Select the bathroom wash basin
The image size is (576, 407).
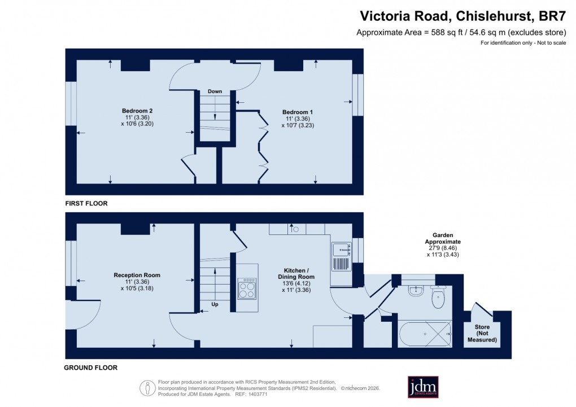416,290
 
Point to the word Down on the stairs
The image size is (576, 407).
215,91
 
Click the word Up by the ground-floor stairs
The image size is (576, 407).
215,304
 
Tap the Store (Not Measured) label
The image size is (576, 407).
482,334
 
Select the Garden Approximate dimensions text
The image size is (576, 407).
443,244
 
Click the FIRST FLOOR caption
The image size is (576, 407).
86,203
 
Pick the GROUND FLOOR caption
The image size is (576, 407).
91,368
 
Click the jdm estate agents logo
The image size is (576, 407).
423,387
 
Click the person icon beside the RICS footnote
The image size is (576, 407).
148,387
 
